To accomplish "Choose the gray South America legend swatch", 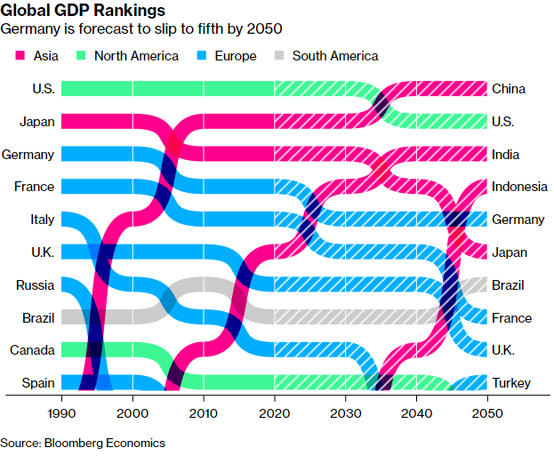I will click(278, 56).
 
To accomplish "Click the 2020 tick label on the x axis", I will click(275, 414).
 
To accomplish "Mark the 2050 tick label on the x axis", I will click(488, 414).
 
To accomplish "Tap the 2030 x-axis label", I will click(346, 414).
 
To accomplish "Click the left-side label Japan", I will click(36, 121).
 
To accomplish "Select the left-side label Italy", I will click(41, 220).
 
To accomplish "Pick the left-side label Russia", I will click(35, 285).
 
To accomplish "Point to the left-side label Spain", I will click(38, 384).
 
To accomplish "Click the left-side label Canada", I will click(32, 351).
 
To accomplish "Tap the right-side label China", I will click(509, 89).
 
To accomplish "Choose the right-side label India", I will click(506, 155).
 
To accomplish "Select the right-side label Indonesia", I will click(518, 187).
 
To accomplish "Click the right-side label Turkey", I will click(510, 384).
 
